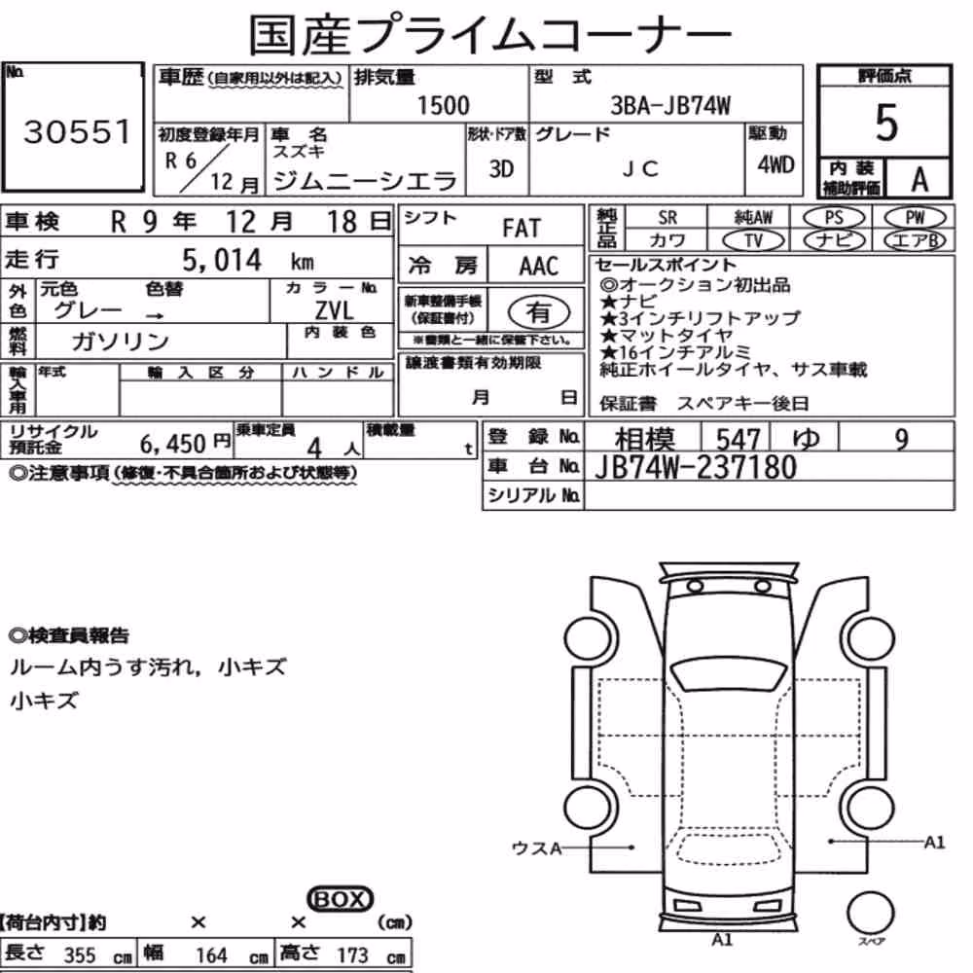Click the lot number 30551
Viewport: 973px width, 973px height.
77,131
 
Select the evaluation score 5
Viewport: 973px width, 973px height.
886,123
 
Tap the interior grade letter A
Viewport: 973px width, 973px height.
919,180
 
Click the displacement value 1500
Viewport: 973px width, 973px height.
443,105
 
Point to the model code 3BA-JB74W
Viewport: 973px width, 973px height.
670,105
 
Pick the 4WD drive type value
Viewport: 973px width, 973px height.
775,165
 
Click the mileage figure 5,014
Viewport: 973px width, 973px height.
222,260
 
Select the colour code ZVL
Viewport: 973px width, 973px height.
334,310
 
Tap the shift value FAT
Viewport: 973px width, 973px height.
522,229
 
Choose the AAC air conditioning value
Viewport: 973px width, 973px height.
539,267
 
